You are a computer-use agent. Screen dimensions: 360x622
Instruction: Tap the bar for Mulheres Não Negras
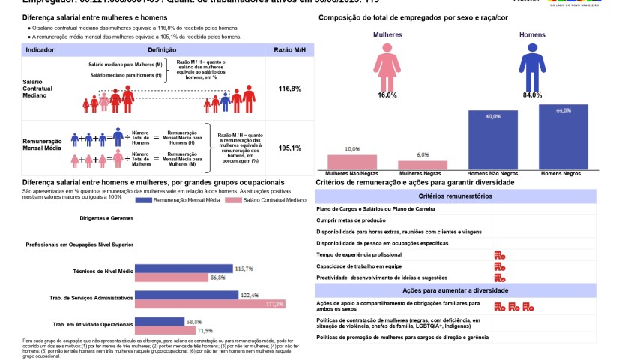point(352,163)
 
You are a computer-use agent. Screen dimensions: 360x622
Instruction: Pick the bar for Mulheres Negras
point(422,166)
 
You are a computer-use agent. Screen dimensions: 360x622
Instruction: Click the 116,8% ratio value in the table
point(289,88)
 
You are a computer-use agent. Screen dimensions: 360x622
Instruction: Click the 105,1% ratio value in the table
point(289,148)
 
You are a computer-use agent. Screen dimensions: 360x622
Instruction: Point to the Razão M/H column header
point(289,49)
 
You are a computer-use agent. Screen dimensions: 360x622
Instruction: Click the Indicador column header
point(40,49)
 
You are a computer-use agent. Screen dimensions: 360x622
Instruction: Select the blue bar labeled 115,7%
point(184,268)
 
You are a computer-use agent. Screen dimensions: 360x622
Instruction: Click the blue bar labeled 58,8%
point(159,321)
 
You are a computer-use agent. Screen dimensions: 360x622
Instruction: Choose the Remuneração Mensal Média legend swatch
point(141,202)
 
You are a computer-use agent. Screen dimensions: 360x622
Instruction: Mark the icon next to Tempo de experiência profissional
point(500,255)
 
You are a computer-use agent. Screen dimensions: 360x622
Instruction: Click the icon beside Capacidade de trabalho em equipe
point(500,266)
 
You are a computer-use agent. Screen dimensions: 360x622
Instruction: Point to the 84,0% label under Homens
point(532,95)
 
